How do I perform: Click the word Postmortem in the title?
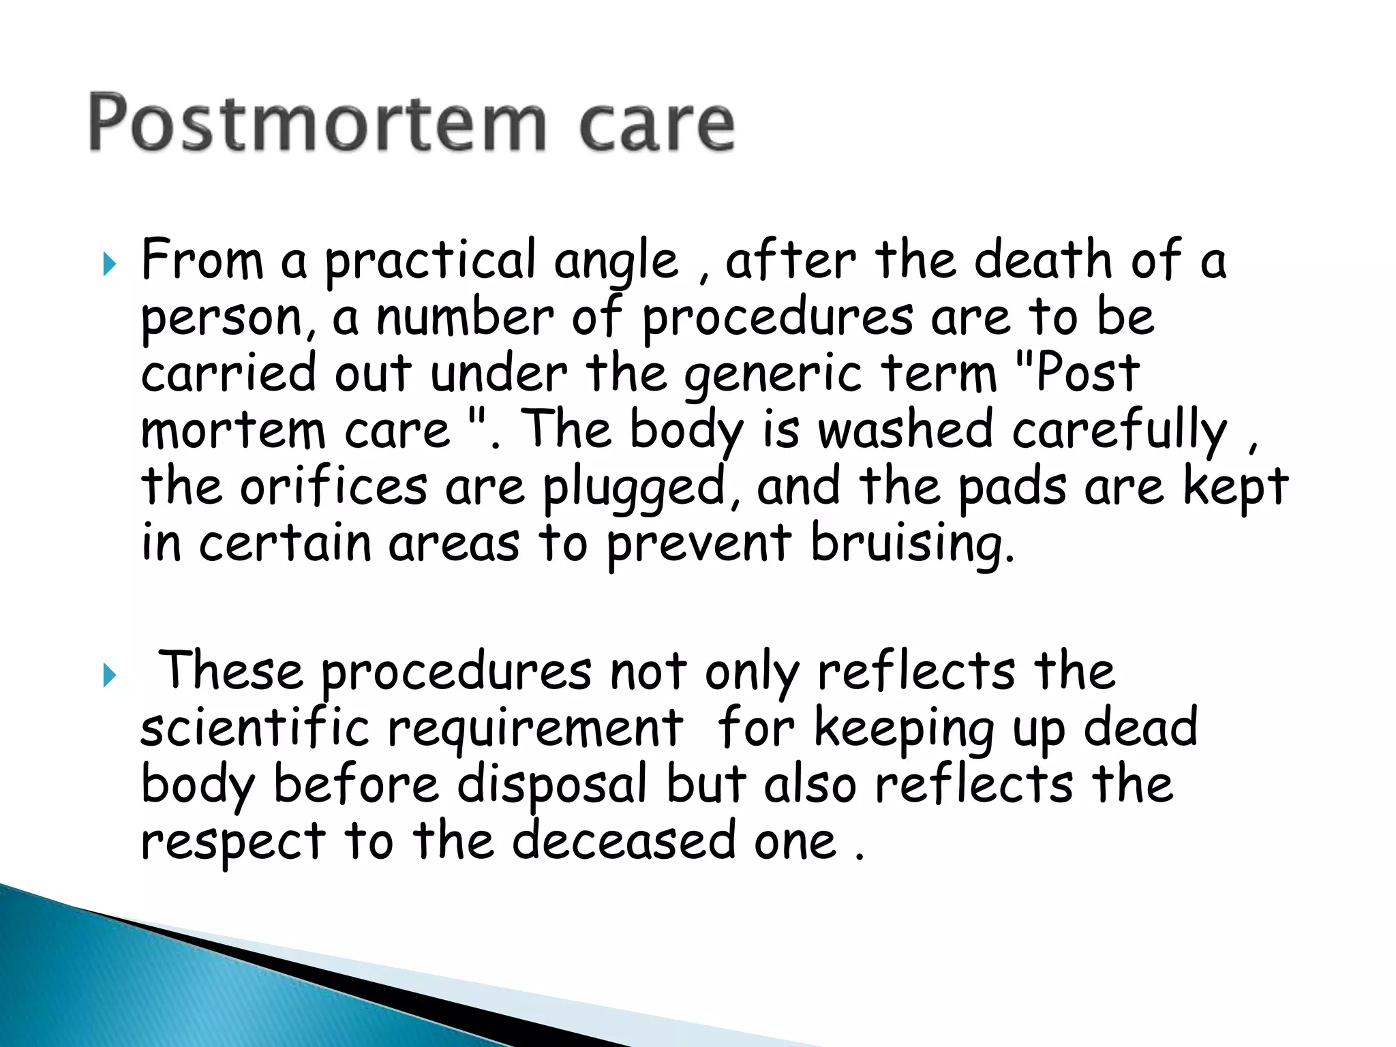coord(317,123)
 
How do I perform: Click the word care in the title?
coord(656,125)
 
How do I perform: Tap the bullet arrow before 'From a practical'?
coord(109,263)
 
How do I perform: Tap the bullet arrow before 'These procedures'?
coord(109,675)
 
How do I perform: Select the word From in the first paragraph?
coord(202,260)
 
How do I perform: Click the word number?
coord(465,318)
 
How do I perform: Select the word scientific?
coord(255,728)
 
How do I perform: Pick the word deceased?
coord(624,841)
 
